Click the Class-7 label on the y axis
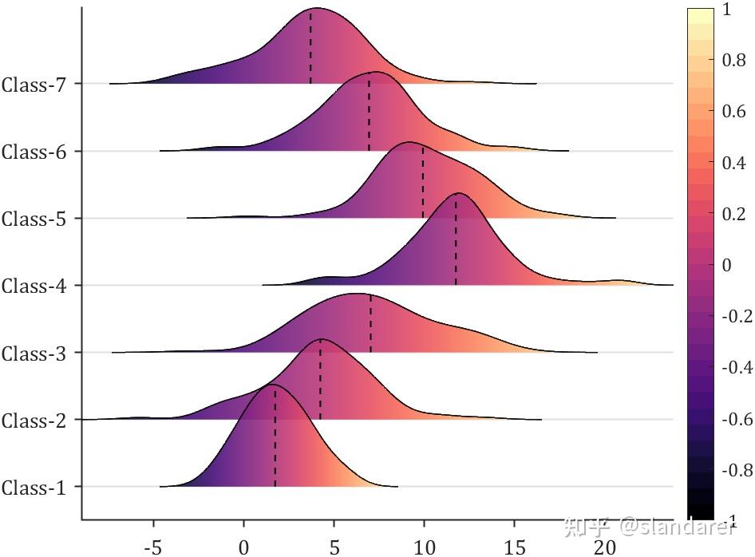(x=34, y=84)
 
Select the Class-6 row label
(x=34, y=151)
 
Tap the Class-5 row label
(x=34, y=219)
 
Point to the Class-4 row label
(x=34, y=286)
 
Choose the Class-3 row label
(x=34, y=353)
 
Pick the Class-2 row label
(x=34, y=420)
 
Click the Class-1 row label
(x=34, y=487)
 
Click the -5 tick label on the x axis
(x=152, y=547)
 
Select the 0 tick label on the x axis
(x=244, y=547)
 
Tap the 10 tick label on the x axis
(x=425, y=547)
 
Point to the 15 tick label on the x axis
(x=516, y=547)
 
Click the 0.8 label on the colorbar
(x=734, y=61)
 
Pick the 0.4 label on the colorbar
(x=734, y=163)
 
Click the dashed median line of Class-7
(x=310, y=48)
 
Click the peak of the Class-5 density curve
(x=409, y=143)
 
